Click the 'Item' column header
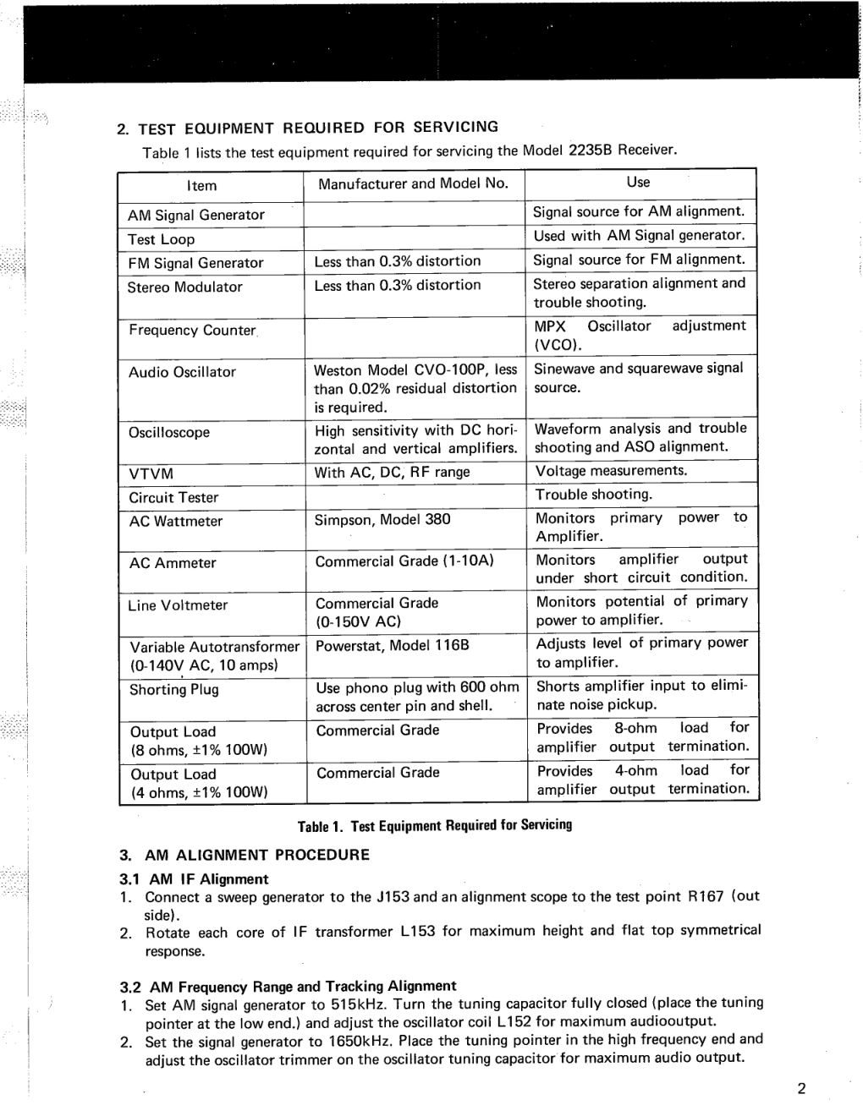click(201, 186)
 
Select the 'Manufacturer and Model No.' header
click(413, 183)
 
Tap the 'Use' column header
click(638, 182)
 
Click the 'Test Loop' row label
click(161, 239)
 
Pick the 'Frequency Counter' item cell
click(193, 330)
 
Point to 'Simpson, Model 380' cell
click(382, 519)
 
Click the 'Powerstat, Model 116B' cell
click(392, 645)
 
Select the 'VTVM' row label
click(151, 473)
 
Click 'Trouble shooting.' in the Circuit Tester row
click(593, 494)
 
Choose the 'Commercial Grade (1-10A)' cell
click(404, 561)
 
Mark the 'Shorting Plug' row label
click(173, 689)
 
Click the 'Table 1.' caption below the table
click(434, 825)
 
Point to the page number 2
click(801, 1088)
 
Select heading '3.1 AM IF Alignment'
click(194, 879)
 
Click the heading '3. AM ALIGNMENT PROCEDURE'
click(245, 855)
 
